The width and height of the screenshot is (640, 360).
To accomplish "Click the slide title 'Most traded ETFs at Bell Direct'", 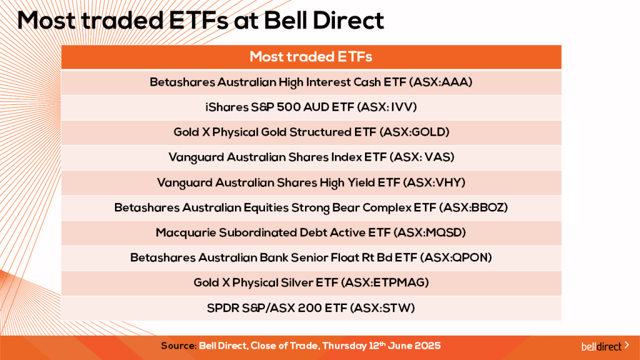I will coord(201,21).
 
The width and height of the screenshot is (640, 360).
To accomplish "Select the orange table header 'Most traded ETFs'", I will coord(311,57).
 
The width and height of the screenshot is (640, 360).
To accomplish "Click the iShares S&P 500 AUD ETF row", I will coord(311,107).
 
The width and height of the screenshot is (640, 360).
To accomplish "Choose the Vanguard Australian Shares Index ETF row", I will coord(311,157).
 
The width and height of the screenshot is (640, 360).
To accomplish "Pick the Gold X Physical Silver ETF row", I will coord(311,282).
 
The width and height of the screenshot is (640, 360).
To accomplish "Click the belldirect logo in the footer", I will coord(601,346).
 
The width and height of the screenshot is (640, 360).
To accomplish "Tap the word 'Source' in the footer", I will coord(178,346).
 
